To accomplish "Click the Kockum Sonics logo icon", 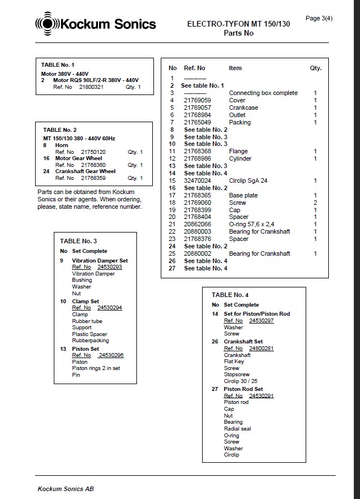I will click(x=47, y=24).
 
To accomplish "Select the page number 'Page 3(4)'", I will click(x=319, y=18).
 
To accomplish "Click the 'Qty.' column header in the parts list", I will click(x=315, y=68).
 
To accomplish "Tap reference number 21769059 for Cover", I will click(x=198, y=100).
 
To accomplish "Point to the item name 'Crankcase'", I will click(x=243, y=107).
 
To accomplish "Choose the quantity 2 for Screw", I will click(x=315, y=203).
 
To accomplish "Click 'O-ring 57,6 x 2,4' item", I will click(x=251, y=225).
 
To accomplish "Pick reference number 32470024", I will click(x=198, y=180).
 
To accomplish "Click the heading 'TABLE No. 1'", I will click(x=58, y=65).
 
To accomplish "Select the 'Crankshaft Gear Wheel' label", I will click(x=85, y=171).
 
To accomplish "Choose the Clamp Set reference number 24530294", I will click(x=109, y=308).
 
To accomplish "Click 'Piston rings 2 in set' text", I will click(x=96, y=368).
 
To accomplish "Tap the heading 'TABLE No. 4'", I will click(x=230, y=295).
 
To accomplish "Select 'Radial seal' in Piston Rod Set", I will click(x=238, y=429).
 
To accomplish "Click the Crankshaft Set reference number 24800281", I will click(x=261, y=349).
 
